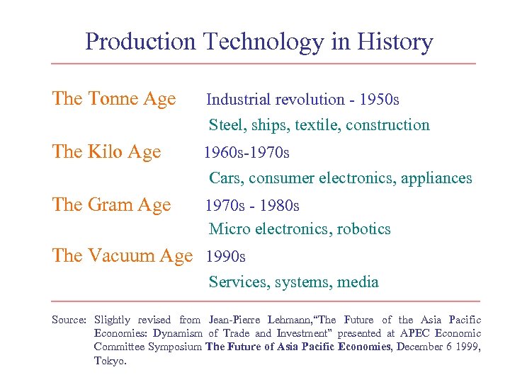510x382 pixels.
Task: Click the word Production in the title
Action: coord(140,42)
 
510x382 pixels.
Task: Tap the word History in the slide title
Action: coord(395,42)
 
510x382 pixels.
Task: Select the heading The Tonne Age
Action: coord(114,98)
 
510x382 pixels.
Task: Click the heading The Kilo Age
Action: coord(106,151)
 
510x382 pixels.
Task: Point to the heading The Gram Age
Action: coord(112,204)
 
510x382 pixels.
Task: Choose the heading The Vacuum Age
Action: coord(123,255)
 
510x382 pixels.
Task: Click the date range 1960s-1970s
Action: coord(246,152)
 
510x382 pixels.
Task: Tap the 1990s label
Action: coord(226,256)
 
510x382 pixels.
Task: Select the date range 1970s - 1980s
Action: coord(252,205)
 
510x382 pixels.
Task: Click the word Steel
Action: coord(225,125)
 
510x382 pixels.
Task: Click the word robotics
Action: coord(363,229)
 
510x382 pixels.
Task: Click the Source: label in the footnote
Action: coord(69,320)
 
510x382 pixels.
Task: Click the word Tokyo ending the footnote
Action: coord(109,360)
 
